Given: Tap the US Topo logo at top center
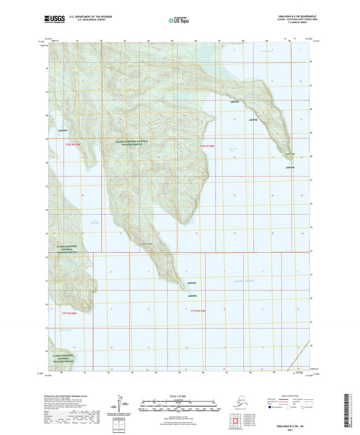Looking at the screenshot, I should point(180,22).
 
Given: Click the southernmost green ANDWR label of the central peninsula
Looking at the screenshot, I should point(192,296).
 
